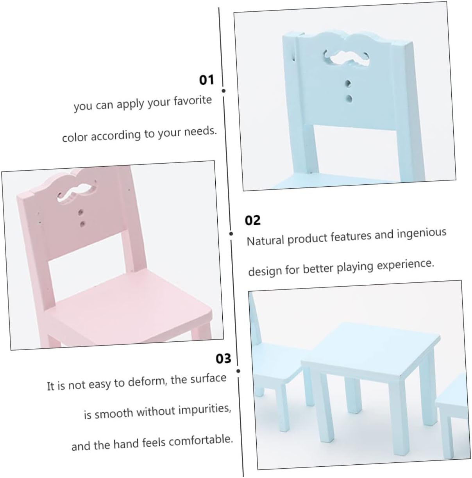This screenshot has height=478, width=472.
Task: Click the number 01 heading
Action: coord(206,80)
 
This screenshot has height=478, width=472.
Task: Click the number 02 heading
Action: coord(252,220)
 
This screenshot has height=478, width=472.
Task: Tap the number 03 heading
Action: coord(223,358)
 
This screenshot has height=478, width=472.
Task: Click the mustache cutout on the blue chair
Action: coord(346,59)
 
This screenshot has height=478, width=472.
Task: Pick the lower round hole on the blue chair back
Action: coord(349,99)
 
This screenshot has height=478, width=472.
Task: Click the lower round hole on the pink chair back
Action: coord(82,224)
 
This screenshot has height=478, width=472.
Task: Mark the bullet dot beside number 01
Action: coord(223,91)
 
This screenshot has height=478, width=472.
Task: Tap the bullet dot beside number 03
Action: coord(238,371)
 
